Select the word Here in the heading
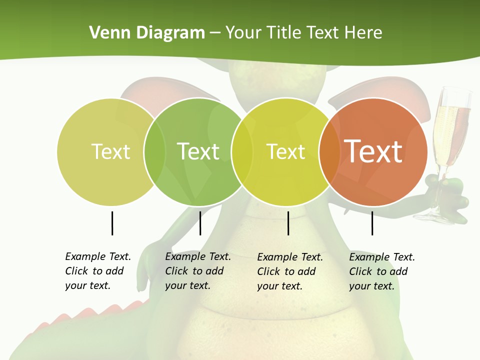pos(363,33)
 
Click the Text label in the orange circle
pos(373,151)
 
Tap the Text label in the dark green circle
pos(198,151)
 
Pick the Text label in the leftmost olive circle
pos(111,151)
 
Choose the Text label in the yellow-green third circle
pos(286,151)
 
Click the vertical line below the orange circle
pos(372,223)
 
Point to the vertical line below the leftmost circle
pos(112,223)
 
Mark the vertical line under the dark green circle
pos(200,223)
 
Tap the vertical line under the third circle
pos(288,223)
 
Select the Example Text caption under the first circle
pos(98,271)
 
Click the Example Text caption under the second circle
pos(198,271)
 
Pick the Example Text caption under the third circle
pos(290,271)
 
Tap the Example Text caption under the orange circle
pos(382,271)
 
